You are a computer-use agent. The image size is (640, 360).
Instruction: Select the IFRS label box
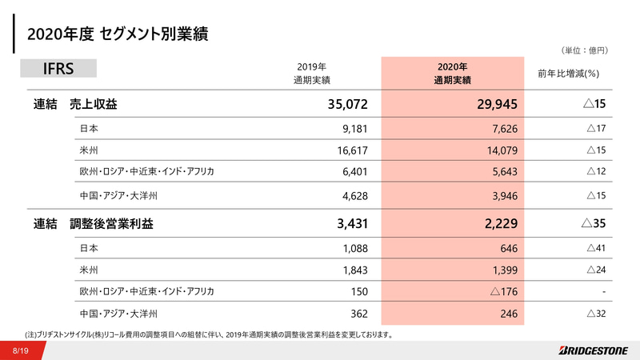coord(58,69)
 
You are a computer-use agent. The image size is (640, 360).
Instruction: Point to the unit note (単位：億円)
coord(586,50)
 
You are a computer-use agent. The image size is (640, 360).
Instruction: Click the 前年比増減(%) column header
coord(569,74)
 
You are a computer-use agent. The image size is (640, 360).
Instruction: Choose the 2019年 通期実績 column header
coord(311,74)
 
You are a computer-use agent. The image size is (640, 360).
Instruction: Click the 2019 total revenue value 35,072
coord(347,104)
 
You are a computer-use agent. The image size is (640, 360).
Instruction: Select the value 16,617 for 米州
coord(352,150)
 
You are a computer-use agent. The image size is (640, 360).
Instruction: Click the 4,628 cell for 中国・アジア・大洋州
coord(354,193)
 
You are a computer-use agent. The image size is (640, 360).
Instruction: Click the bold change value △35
coord(594,226)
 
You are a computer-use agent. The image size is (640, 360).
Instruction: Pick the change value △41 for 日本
coord(595,249)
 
